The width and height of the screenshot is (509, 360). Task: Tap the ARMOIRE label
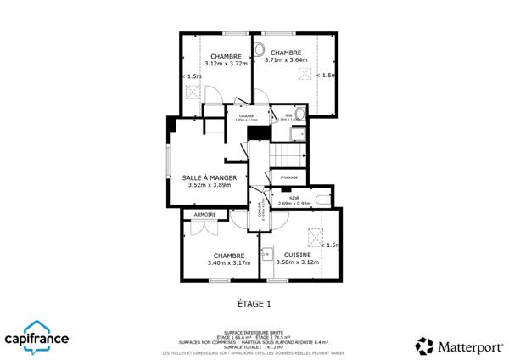coord(204,215)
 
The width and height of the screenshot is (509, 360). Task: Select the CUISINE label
coord(297,255)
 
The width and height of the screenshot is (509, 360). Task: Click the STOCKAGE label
coord(289,177)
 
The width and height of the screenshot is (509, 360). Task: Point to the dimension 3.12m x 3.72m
coord(226,63)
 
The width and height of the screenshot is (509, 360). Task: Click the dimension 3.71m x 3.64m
coord(286,60)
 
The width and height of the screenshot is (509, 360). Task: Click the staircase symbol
coord(288,155)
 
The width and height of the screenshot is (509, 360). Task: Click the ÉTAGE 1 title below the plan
coord(254,303)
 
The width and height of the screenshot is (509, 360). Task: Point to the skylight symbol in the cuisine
coord(315,236)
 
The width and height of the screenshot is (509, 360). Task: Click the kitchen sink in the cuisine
coord(267,251)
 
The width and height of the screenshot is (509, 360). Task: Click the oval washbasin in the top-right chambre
coord(260,48)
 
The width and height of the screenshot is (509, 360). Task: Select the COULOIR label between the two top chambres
coord(247,116)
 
